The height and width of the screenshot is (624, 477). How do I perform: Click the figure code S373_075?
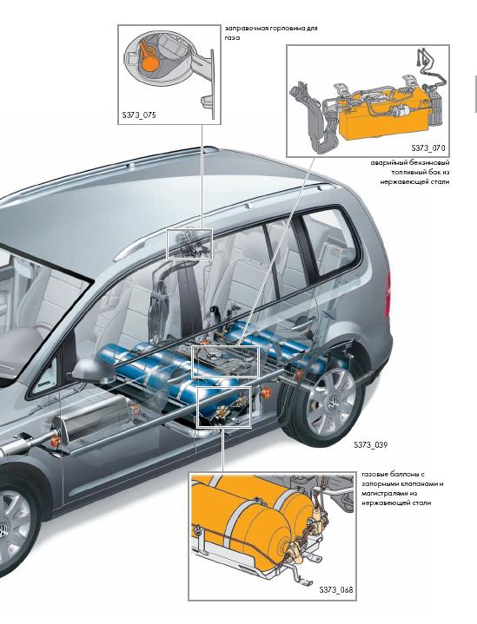139,115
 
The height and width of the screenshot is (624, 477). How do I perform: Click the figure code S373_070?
428,148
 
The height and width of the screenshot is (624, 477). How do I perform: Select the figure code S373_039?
370,445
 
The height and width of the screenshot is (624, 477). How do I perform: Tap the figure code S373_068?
336,590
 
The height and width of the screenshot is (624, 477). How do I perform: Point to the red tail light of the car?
388,294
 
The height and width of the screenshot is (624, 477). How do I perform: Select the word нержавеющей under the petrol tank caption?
400,182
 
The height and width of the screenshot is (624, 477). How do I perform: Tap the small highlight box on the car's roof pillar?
189,245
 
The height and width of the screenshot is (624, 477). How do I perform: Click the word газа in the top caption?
232,38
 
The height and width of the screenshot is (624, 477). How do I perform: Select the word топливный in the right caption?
408,173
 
